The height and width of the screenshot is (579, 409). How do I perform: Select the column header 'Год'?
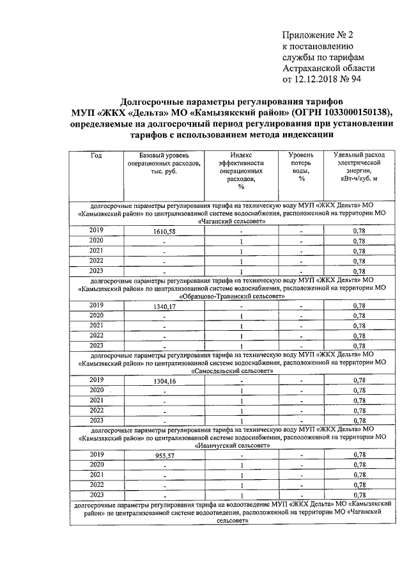[96, 156]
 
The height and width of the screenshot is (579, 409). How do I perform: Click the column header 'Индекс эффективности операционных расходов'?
[242, 171]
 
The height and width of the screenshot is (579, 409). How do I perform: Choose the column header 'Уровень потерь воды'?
[300, 167]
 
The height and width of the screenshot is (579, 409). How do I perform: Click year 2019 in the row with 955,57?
[96, 454]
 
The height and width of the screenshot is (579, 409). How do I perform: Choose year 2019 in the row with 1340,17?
[96, 305]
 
